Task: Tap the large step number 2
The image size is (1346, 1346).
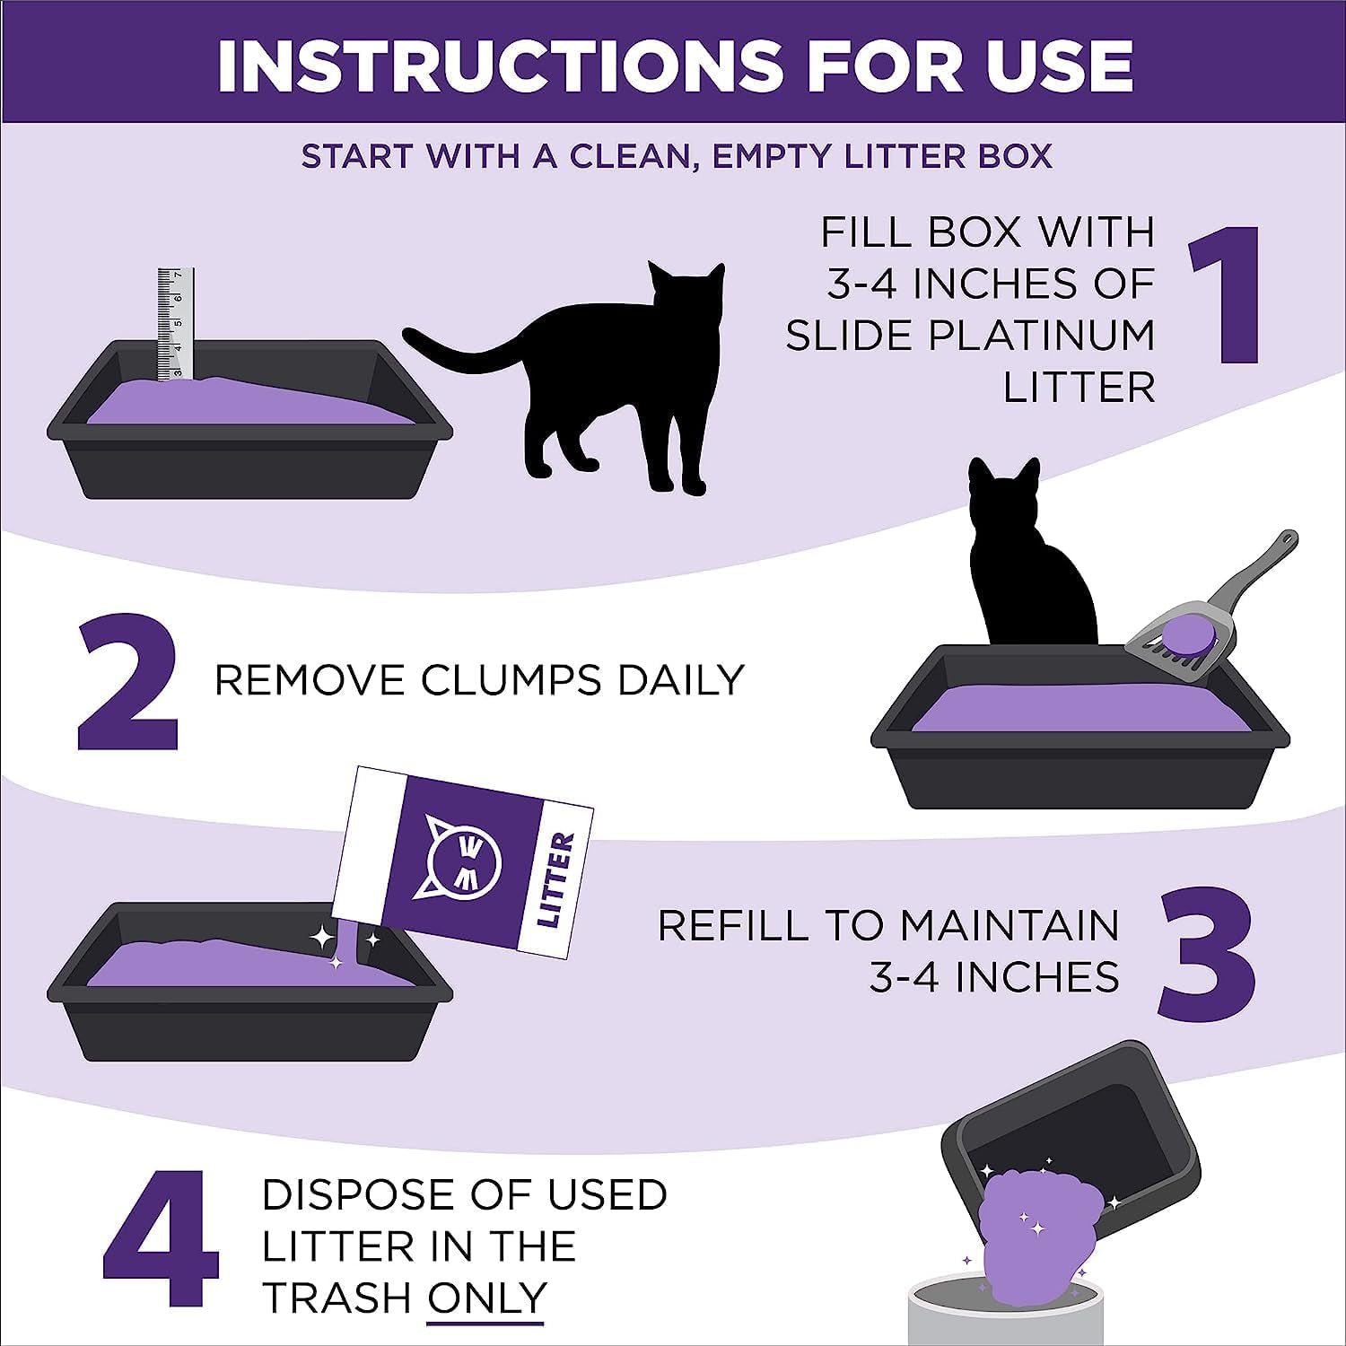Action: [127, 682]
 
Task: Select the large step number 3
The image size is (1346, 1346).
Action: [1206, 953]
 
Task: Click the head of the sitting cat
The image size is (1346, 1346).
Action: [1003, 498]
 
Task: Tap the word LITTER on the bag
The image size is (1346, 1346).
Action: [555, 879]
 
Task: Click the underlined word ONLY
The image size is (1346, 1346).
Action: [486, 1298]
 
